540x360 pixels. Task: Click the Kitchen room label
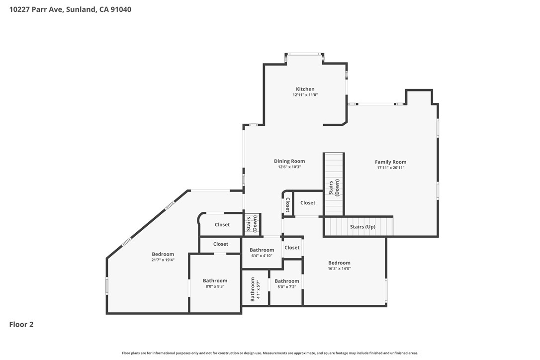tap(305, 89)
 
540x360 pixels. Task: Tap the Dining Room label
tap(289, 161)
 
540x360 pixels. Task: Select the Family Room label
tap(390, 162)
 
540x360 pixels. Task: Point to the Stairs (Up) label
tap(362, 227)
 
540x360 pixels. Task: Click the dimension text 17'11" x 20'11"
tap(390, 168)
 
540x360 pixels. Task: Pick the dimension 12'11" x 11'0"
tap(305, 95)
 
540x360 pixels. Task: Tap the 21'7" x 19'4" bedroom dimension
tap(163, 260)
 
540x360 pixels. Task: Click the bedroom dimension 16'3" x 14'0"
tap(339, 269)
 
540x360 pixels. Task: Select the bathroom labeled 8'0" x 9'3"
tap(215, 283)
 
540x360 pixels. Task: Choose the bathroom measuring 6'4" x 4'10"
tap(262, 253)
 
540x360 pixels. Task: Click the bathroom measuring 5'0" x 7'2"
tap(286, 283)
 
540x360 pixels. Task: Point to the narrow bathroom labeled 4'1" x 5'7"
tap(255, 289)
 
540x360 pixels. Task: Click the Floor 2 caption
tap(21, 324)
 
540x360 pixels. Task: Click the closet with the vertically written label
tap(287, 205)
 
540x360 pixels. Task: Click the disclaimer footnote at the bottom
tap(270, 353)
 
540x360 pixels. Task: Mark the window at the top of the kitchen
tap(304, 54)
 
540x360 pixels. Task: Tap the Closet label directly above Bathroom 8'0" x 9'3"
tap(220, 244)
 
